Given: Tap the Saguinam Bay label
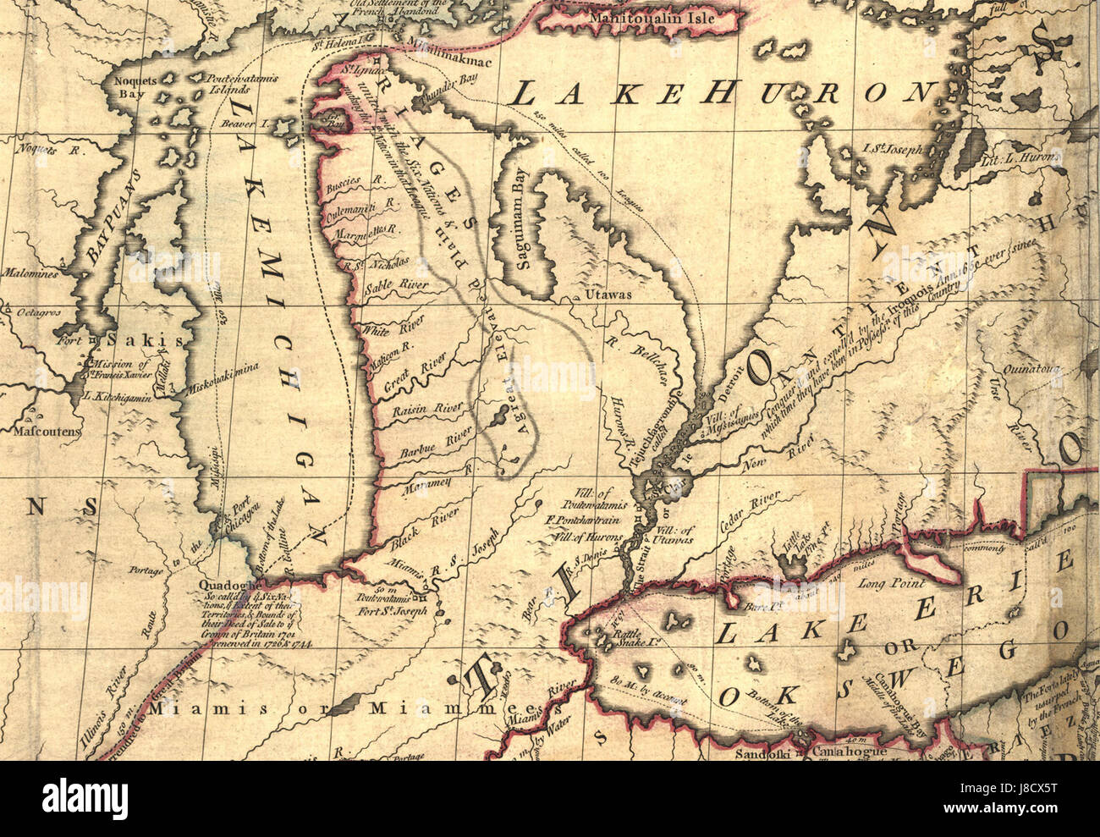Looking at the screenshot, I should pos(523,229).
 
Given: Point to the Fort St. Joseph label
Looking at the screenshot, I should pos(391,610).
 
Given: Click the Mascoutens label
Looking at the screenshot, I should pos(46,431).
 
